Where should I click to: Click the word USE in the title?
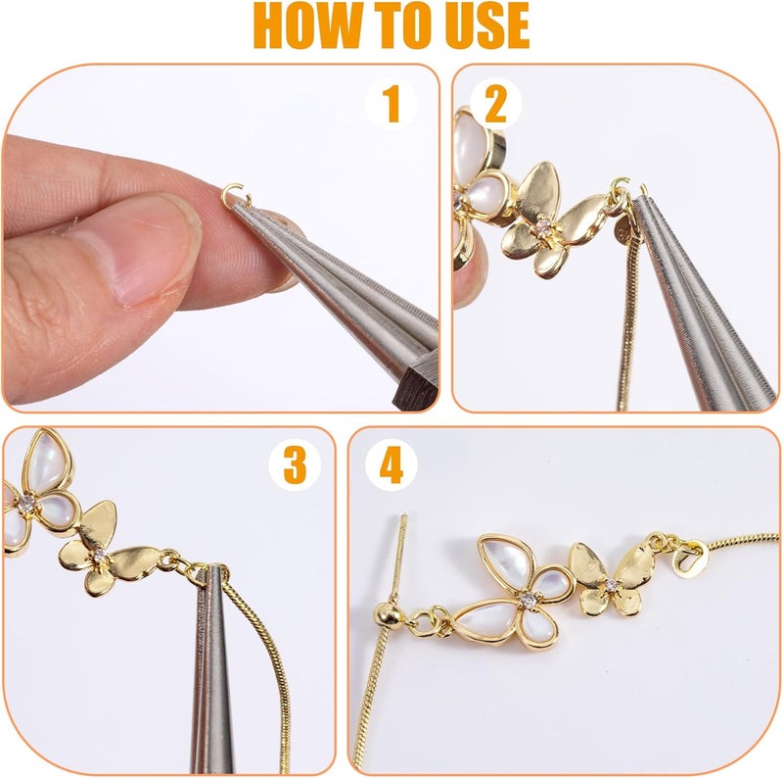[x=486, y=26]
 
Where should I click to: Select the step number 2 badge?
[x=495, y=104]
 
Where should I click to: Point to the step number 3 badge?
[x=295, y=465]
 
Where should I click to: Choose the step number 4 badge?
[x=391, y=465]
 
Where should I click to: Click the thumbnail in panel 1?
[x=144, y=250]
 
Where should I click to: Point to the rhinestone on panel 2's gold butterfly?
[x=544, y=226]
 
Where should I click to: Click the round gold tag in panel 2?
[x=623, y=231]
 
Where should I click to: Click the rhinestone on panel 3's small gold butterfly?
[x=99, y=555]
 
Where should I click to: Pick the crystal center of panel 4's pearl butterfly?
[x=528, y=599]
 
